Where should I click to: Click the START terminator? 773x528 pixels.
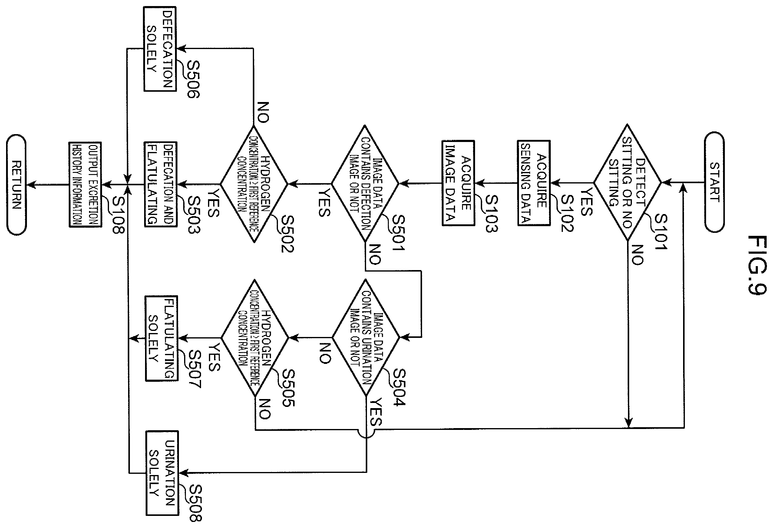(714, 182)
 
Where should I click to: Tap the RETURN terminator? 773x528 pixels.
(16, 185)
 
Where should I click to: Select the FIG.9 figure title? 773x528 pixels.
(757, 265)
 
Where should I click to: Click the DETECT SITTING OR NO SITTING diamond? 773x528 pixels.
(627, 182)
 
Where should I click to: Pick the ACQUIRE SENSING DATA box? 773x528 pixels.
(534, 183)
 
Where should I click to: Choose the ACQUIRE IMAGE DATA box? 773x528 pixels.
(458, 183)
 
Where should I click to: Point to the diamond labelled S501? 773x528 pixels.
(365, 183)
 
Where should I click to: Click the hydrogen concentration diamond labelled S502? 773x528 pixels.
(254, 184)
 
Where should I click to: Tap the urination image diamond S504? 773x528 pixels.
(366, 338)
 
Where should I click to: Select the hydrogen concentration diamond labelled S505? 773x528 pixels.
(255, 338)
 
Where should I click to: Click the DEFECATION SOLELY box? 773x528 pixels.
(160, 49)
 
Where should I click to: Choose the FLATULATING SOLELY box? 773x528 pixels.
(162, 338)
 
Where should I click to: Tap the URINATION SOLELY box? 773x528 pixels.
(162, 473)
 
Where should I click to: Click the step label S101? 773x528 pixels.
(661, 232)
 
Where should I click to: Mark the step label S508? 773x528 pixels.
(195, 503)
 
